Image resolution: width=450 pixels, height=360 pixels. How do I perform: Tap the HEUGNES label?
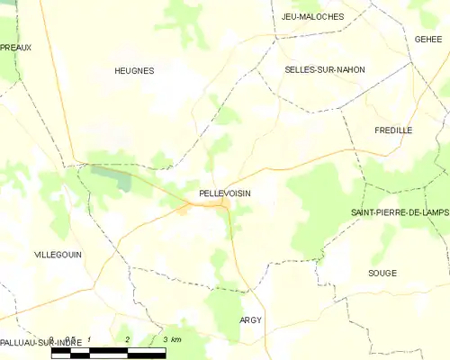[134, 70]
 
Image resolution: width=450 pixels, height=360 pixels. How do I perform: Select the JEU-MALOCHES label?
[312, 16]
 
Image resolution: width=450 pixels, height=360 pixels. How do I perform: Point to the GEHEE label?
[429, 40]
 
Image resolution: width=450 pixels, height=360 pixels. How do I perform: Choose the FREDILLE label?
[393, 130]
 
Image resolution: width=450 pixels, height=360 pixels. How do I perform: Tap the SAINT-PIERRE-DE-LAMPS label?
[400, 211]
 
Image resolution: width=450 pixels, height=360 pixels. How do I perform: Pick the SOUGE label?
[382, 272]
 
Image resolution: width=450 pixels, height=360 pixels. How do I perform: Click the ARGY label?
[250, 320]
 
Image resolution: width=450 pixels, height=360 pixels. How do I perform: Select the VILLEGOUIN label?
[58, 255]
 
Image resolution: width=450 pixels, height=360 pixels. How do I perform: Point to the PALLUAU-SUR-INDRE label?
[41, 343]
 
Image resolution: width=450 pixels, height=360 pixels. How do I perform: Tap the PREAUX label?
[15, 47]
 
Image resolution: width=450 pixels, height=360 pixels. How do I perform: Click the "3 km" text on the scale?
[172, 339]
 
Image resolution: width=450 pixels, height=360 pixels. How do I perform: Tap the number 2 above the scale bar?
[128, 339]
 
